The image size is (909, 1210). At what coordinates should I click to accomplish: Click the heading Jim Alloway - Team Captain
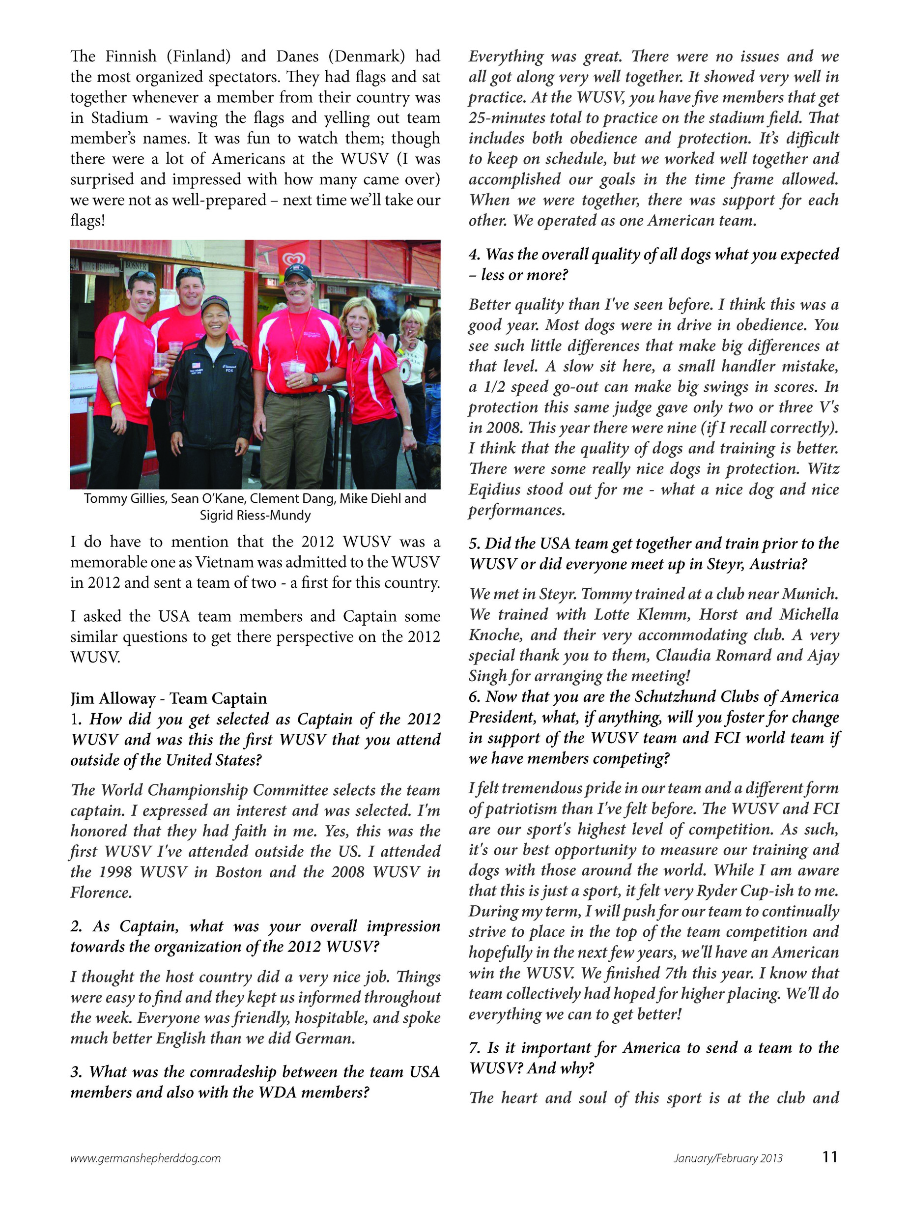point(169,698)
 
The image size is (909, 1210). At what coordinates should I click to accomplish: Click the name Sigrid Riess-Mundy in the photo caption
point(255,515)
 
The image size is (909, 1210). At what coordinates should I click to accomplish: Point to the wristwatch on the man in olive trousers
point(315,378)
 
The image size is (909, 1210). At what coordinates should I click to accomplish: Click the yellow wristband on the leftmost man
point(115,404)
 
